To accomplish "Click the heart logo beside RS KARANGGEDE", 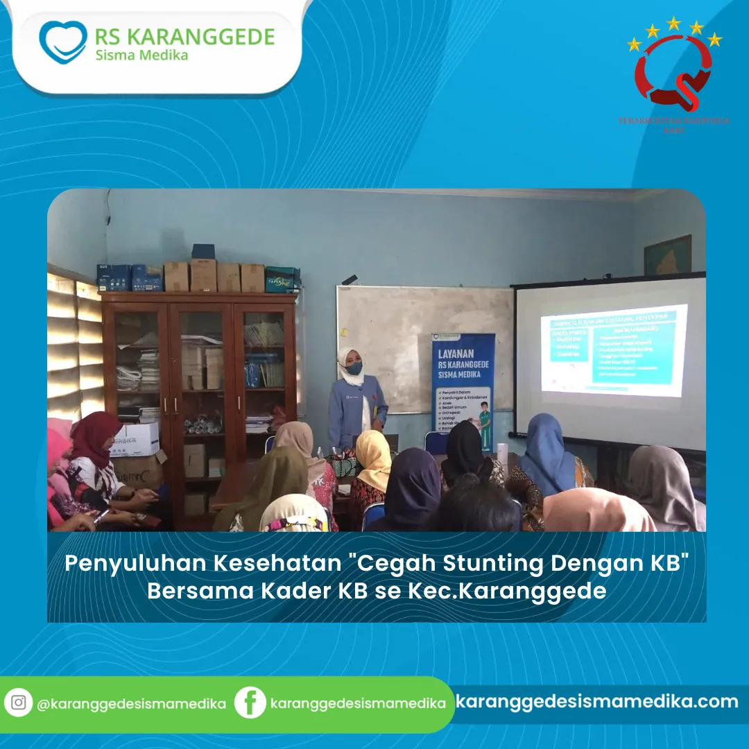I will point(62,42).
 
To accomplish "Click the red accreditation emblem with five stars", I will point(673,69).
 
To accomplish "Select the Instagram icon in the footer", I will point(19,703).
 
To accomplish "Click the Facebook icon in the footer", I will point(250,703).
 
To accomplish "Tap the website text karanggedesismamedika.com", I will point(597,701).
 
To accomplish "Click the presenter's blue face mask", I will point(354,368).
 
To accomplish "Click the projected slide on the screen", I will point(614,350).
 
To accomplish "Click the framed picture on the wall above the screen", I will point(668,256).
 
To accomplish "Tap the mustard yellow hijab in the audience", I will point(374,458).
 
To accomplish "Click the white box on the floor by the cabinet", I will point(136,440).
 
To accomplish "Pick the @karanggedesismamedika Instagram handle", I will point(131,703).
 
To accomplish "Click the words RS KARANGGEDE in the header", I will point(184,36).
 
